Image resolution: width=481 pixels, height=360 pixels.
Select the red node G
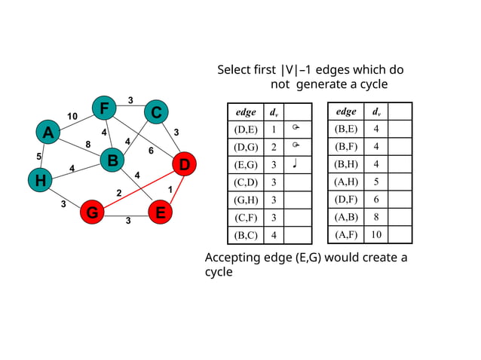[92, 213]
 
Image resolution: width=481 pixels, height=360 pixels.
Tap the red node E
[160, 213]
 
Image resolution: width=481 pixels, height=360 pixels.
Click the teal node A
[47, 133]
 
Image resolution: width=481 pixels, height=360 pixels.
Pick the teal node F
[103, 108]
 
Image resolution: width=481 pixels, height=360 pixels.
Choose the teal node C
[155, 112]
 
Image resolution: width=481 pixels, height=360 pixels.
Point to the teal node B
[112, 160]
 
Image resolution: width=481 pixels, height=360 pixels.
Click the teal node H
[39, 180]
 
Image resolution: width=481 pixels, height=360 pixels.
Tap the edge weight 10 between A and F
[72, 116]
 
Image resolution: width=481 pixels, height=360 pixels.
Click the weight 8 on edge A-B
[87, 144]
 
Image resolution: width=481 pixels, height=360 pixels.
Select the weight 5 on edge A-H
[38, 157]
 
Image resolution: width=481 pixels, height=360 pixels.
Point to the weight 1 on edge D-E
[170, 188]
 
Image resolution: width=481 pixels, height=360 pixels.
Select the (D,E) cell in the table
[246, 129]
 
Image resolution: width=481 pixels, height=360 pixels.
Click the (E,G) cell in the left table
[246, 164]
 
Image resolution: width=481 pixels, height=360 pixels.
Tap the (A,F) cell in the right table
[346, 234]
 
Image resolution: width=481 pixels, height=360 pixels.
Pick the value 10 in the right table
[376, 234]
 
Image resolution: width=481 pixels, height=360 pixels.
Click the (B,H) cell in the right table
[346, 163]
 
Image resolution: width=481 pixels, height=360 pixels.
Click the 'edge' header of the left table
[246, 112]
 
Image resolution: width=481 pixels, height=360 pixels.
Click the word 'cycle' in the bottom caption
[219, 272]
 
